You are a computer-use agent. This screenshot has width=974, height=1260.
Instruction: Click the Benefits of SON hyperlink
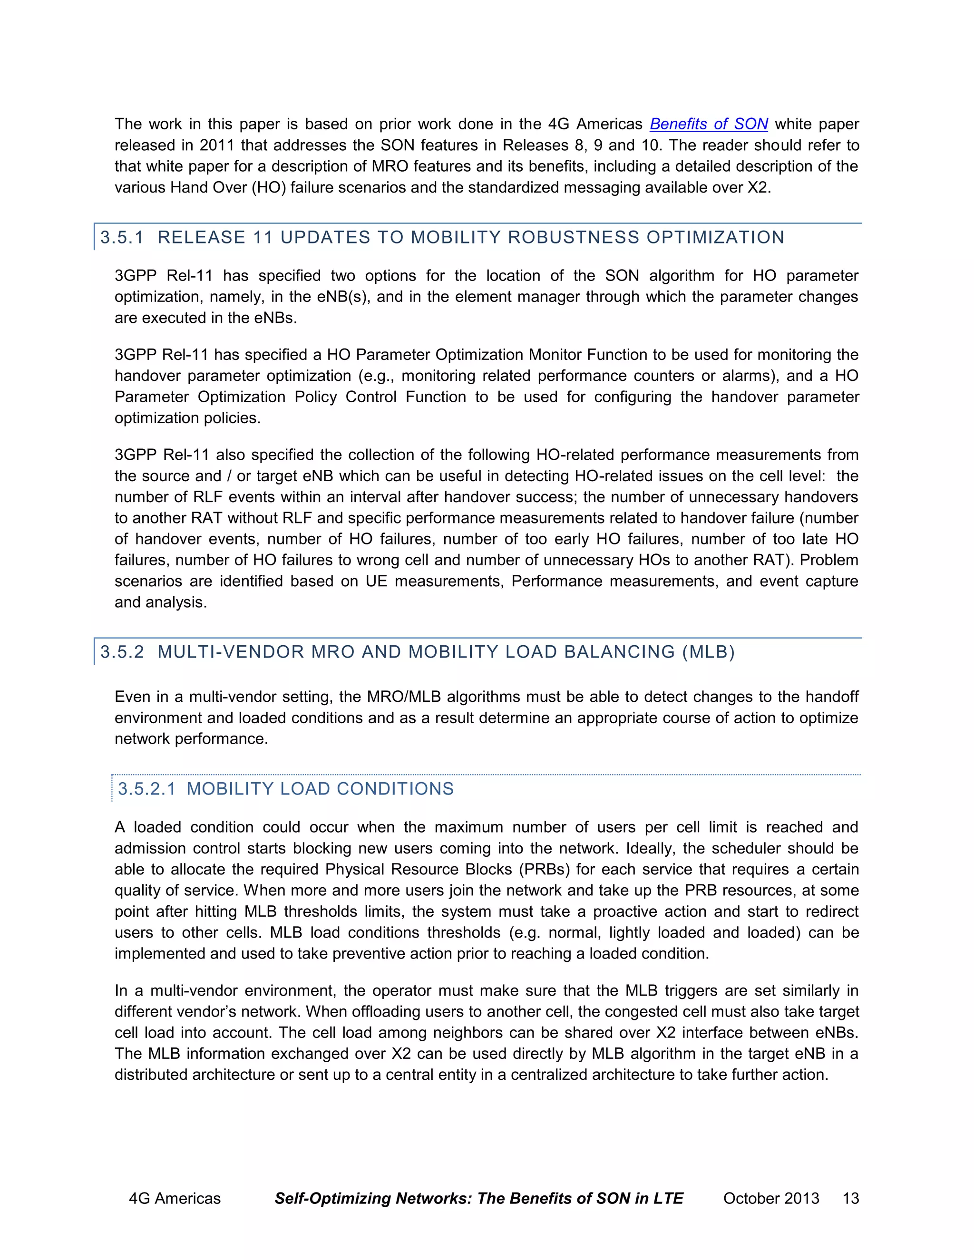(x=708, y=124)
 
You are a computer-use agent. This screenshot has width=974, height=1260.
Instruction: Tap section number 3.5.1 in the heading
(x=122, y=237)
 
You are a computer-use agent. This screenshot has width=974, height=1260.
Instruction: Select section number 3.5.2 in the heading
(x=122, y=652)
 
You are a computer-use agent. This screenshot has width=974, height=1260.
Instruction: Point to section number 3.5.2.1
(x=146, y=789)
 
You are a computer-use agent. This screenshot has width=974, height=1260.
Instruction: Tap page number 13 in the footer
(x=850, y=1198)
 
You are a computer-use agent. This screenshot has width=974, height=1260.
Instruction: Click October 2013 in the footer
(x=771, y=1198)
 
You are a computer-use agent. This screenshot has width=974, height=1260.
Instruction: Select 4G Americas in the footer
(x=175, y=1198)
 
